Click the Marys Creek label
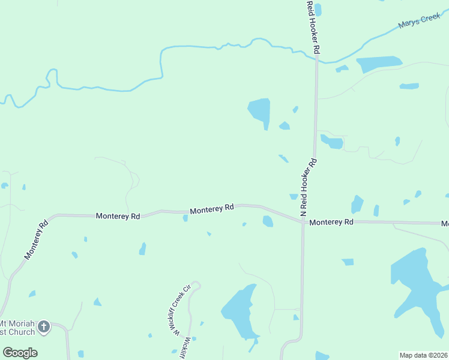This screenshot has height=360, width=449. click(x=419, y=22)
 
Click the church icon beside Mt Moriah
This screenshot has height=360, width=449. click(x=43, y=327)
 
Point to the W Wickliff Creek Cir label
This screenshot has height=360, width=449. click(x=179, y=313)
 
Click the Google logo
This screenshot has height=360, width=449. click(x=20, y=353)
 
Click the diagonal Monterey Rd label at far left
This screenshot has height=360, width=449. click(x=36, y=241)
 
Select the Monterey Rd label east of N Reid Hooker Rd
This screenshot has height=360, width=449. click(x=331, y=222)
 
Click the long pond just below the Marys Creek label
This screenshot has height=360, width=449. click(x=379, y=63)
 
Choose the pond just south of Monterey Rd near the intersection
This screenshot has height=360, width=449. click(x=268, y=221)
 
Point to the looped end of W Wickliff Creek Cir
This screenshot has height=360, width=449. click(x=194, y=287)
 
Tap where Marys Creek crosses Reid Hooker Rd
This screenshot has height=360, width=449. click(x=316, y=57)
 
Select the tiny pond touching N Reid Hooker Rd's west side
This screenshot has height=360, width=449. click(x=294, y=196)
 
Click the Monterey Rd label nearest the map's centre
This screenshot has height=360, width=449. click(x=211, y=209)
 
